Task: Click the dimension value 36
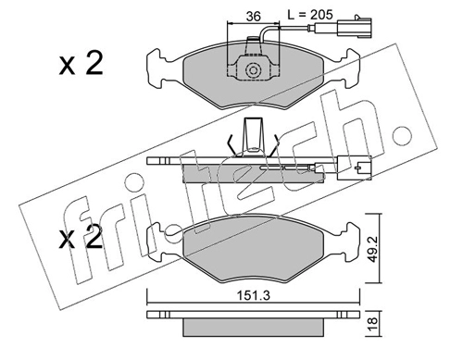254,16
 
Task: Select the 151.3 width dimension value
253,296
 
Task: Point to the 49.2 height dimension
373,250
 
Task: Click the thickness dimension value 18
373,324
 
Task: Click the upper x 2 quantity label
81,64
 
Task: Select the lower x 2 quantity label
81,237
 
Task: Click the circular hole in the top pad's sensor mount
253,70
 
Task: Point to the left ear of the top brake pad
155,68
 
